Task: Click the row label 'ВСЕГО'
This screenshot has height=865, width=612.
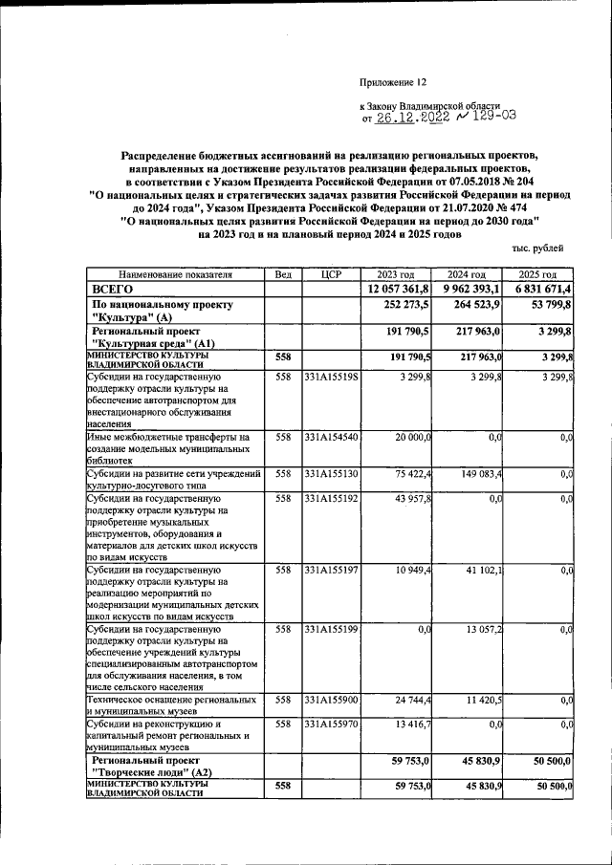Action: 112,289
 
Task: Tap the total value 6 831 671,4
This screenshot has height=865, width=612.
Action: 541,289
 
